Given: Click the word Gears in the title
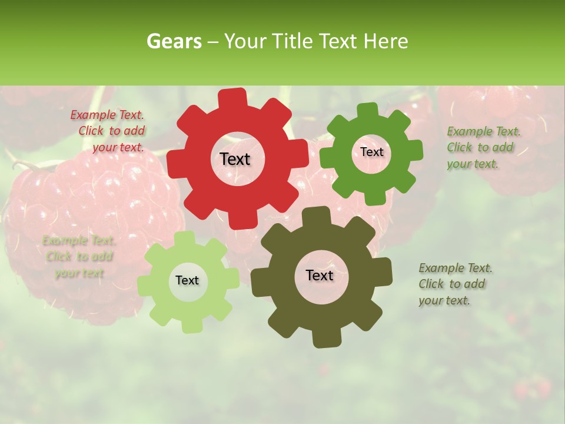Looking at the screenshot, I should pos(174,41).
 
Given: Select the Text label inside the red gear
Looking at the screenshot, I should pos(235,159).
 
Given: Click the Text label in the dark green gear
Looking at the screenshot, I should pos(371,152).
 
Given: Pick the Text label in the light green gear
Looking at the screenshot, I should pos(187,280).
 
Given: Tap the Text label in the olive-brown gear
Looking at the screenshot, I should pos(320,275).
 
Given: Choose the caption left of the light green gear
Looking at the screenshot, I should pos(79,257).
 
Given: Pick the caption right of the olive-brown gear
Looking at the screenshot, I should pos(455,284).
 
